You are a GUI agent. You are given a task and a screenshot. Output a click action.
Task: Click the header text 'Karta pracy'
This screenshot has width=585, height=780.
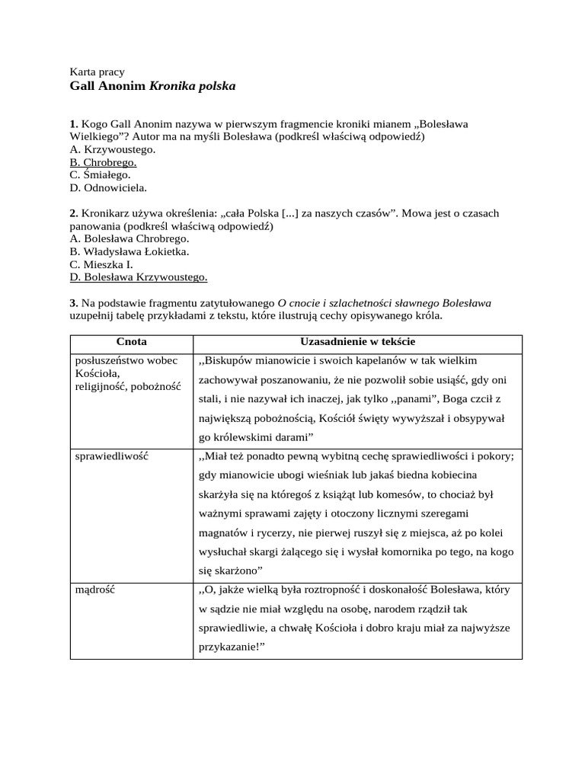[x=97, y=72]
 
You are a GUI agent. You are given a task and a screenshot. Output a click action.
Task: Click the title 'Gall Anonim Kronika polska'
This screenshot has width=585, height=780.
[x=152, y=86]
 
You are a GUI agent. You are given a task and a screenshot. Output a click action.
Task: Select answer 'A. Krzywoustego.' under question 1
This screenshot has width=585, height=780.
[x=112, y=149]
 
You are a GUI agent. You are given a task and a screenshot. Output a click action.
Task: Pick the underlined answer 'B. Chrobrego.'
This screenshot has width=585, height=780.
[x=103, y=162]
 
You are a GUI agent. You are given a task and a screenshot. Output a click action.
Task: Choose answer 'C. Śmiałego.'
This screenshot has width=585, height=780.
[x=100, y=174]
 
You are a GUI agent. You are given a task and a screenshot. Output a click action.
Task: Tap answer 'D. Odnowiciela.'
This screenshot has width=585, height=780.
[x=108, y=187]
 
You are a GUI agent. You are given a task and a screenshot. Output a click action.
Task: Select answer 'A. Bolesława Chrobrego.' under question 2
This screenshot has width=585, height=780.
[x=129, y=238]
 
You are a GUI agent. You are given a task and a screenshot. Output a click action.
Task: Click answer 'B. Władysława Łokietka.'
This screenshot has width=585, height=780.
[x=129, y=251]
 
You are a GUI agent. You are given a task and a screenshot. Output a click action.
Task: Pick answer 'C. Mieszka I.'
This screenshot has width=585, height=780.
[x=101, y=264]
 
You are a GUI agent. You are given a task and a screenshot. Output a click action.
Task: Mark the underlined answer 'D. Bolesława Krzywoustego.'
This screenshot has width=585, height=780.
[x=138, y=277]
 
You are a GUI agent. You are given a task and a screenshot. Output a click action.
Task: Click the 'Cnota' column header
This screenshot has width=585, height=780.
[x=132, y=342]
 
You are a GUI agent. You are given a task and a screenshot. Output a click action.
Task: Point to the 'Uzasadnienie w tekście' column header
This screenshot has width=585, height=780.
[x=357, y=342]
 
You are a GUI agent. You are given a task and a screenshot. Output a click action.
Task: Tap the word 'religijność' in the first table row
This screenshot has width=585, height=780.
[x=101, y=386]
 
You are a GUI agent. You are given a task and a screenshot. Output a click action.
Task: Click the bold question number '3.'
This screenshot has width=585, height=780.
[x=74, y=302]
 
